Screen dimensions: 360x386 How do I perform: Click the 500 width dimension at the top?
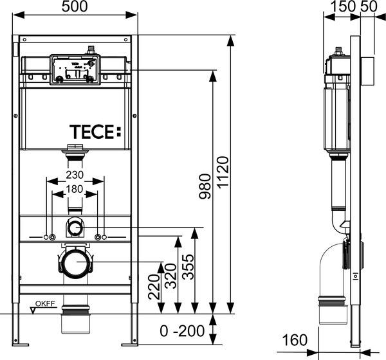[x=75, y=8]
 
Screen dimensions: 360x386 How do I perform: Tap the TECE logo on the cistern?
[x=95, y=132]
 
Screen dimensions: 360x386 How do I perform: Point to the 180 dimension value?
[x=75, y=189]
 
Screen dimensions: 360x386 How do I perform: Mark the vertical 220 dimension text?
[x=152, y=288]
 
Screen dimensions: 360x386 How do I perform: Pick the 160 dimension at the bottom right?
[x=297, y=339]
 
